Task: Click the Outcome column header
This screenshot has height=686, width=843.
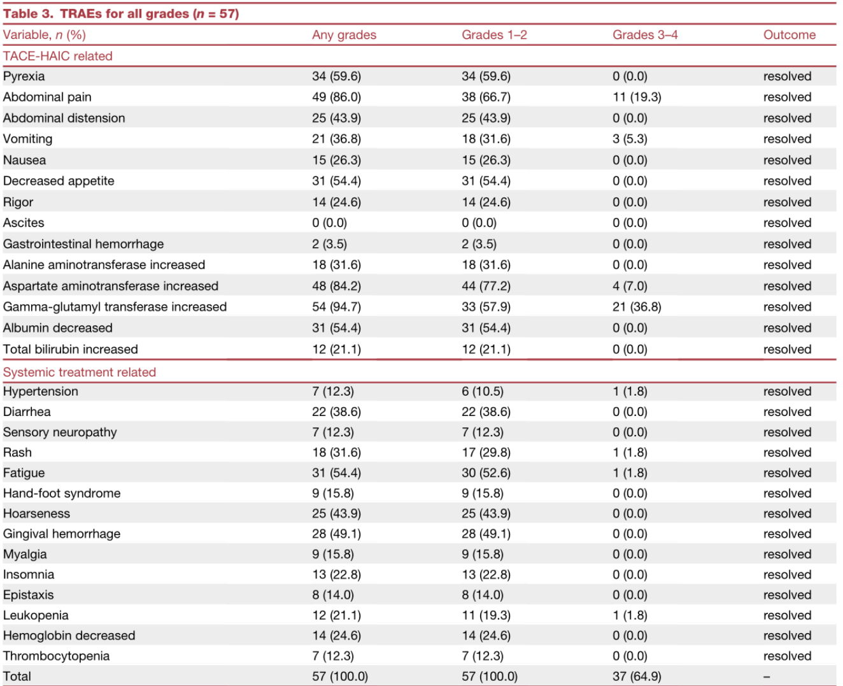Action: [789, 35]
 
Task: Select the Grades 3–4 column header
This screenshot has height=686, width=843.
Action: [645, 35]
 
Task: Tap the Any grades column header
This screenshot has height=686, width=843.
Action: [344, 35]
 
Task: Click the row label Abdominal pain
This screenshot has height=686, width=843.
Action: [47, 97]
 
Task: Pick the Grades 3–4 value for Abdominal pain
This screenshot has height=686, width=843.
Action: [637, 97]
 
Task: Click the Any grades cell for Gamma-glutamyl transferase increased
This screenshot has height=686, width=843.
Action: [336, 307]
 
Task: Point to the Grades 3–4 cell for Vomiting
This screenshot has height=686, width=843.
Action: [630, 139]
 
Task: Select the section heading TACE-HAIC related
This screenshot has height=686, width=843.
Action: [58, 56]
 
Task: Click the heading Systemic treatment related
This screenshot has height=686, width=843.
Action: [80, 372]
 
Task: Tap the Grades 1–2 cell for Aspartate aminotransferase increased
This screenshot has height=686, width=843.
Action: [486, 286]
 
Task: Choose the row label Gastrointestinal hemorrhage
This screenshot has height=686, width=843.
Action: [83, 244]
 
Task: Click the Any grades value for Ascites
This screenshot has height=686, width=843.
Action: [329, 223]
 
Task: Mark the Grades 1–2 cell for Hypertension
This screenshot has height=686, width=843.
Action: [483, 391]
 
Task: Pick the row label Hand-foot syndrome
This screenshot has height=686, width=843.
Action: [62, 493]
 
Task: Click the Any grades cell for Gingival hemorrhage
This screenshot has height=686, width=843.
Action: [336, 534]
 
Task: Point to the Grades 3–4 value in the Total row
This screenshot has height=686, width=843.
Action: [637, 676]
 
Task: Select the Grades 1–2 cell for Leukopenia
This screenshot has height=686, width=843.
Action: [486, 615]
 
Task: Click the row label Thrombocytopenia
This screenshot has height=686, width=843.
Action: [56, 656]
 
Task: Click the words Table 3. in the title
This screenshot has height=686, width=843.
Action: [28, 14]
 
